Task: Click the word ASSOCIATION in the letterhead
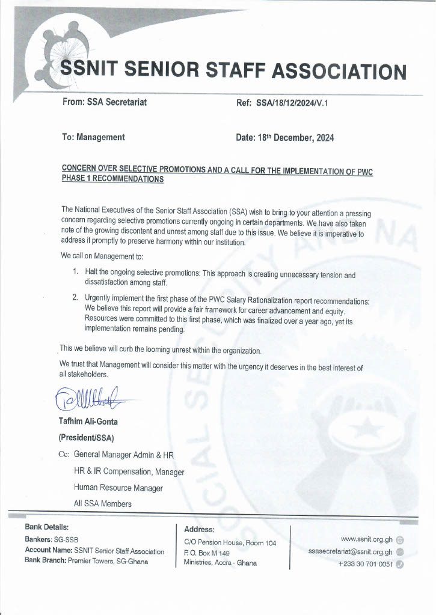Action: click(339, 71)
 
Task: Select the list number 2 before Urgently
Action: click(75, 297)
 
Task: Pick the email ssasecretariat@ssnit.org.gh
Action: click(350, 552)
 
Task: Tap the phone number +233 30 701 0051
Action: click(366, 564)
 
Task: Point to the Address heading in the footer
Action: click(199, 529)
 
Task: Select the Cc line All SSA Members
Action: click(102, 503)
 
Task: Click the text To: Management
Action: click(93, 137)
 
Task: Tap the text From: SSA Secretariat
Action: click(104, 102)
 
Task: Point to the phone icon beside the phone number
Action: click(400, 564)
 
